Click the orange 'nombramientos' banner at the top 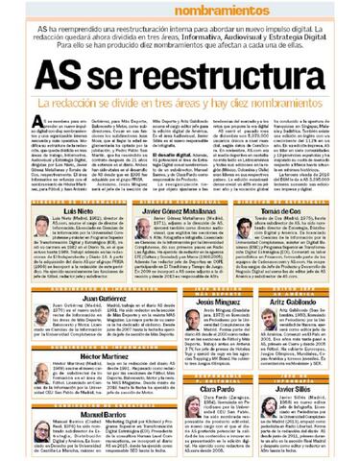pos(180,8)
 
